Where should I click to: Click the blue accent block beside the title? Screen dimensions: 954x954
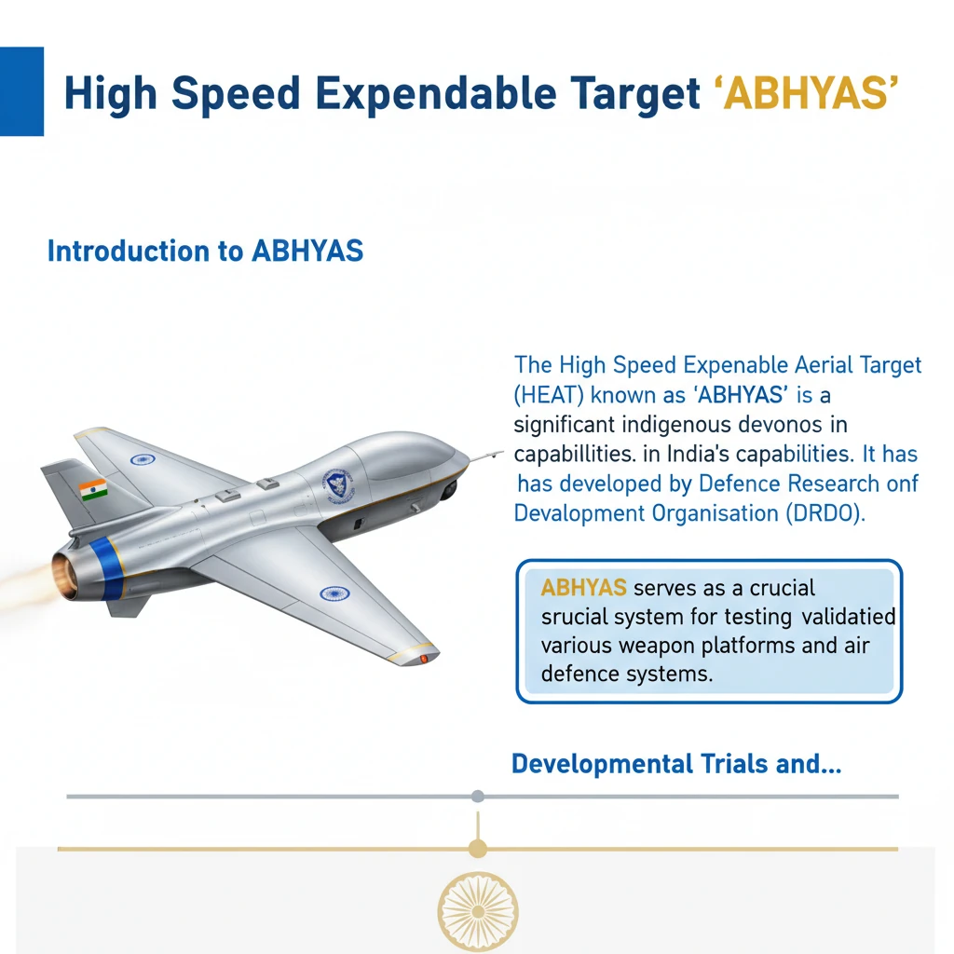21,91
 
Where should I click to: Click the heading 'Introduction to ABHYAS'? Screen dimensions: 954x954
205,252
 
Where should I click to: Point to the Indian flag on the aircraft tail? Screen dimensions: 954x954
93,489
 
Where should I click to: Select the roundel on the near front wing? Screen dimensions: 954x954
333,593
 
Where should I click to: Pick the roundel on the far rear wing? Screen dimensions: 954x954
143,458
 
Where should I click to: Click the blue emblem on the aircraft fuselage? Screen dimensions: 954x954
334,483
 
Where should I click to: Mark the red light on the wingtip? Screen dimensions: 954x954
424,659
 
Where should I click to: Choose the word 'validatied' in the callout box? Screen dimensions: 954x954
848,617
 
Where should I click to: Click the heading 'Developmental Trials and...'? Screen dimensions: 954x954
676,765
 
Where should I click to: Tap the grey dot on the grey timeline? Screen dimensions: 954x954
478,797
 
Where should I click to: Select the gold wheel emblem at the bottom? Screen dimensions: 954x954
477,911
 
